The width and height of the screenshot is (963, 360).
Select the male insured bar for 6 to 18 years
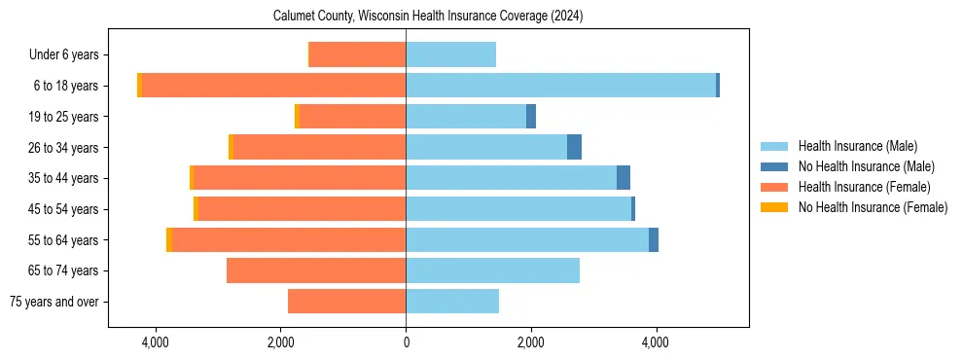pyautogui.click(x=560, y=86)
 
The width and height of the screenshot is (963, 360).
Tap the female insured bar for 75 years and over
pyautogui.click(x=346, y=302)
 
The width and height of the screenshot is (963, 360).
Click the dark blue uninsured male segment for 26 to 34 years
pyautogui.click(x=574, y=147)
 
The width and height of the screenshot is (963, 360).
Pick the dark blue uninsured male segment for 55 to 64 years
pyautogui.click(x=654, y=240)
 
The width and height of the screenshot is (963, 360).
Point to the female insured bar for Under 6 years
pyautogui.click(x=357, y=55)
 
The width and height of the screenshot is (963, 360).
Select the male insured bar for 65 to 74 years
pyautogui.click(x=492, y=270)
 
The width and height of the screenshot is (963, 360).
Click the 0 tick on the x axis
pyautogui.click(x=406, y=342)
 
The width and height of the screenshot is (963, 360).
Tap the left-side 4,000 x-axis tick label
pyautogui.click(x=155, y=342)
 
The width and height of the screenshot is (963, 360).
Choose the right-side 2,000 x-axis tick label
pyautogui.click(x=530, y=342)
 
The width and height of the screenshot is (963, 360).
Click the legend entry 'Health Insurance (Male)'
pyautogui.click(x=857, y=146)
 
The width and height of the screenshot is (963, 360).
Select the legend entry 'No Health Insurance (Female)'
pyautogui.click(x=873, y=207)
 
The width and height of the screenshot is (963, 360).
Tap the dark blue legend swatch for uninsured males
pyautogui.click(x=774, y=166)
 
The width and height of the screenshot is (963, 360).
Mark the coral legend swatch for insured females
pyautogui.click(x=774, y=187)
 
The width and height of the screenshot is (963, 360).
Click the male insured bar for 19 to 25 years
pyautogui.click(x=466, y=117)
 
